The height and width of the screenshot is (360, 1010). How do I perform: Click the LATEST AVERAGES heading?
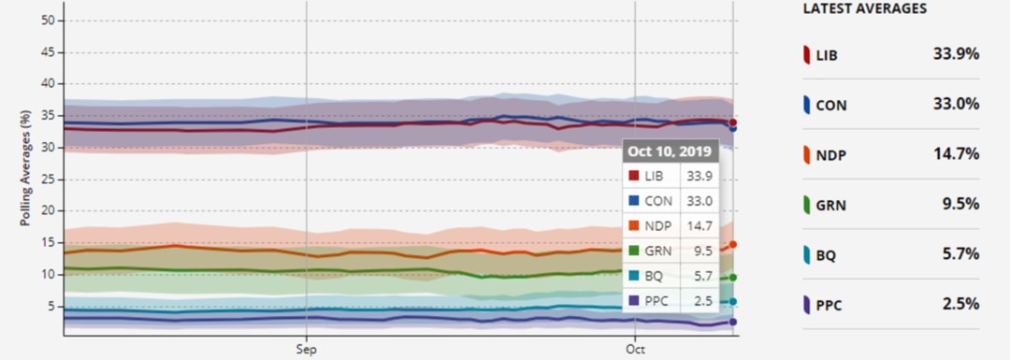coord(865,8)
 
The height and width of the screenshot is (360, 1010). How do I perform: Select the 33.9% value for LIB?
coord(955,54)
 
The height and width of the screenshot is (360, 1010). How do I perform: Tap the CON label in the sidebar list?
coord(832,106)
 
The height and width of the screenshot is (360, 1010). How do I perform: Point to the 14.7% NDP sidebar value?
coord(955,154)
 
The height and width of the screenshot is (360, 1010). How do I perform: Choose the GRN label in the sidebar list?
coord(832,205)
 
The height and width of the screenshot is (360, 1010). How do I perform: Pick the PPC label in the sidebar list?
coord(831,305)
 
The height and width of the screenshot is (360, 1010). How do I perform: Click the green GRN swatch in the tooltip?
coord(634,251)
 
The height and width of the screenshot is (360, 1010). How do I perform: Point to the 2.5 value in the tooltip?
coord(698,300)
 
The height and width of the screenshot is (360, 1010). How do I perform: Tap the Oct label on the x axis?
coord(635,348)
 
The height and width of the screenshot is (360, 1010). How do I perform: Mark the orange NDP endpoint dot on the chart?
coord(733,244)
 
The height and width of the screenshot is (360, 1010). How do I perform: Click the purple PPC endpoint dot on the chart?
coord(733,322)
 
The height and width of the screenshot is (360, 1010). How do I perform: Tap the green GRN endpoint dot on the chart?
coord(733,277)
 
